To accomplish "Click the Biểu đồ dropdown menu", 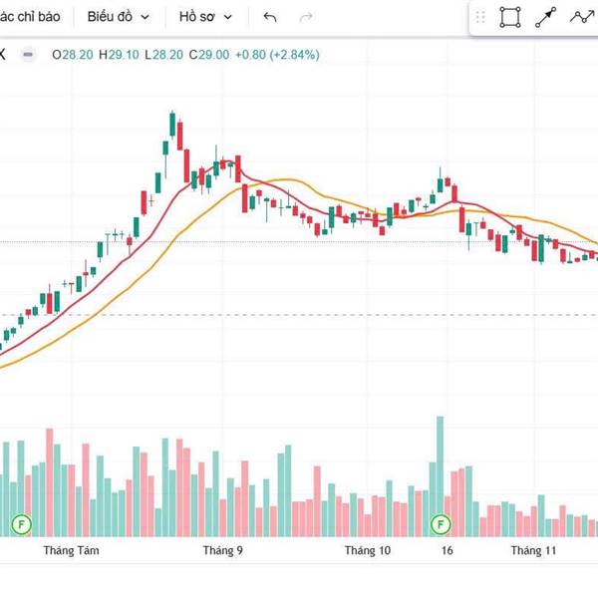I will coord(119,17).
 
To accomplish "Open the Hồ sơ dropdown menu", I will coord(205,17).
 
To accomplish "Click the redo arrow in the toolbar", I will coord(306,17).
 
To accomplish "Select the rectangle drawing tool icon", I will coord(510,17).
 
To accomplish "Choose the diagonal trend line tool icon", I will coord(545,17).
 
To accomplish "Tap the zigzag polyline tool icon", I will coord(581,17).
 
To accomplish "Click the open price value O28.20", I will coord(71,55).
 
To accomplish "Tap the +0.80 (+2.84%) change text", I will coord(277,55).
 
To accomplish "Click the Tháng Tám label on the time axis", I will coord(72,550).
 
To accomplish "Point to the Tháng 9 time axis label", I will coord(222,550).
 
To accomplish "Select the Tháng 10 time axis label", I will coord(368,550).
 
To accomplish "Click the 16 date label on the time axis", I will coord(448,550).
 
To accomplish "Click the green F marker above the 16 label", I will coord(440,523).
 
